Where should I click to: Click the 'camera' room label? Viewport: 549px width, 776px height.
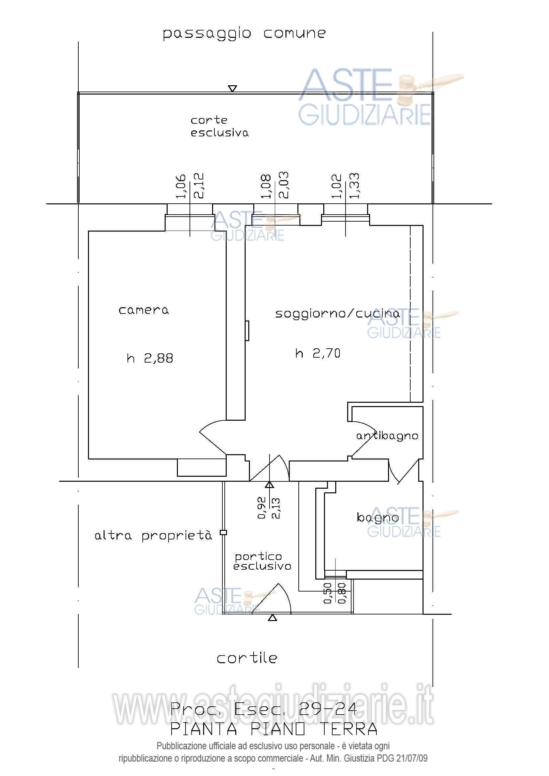point(144,310)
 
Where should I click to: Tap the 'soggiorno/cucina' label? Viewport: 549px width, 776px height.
point(337,314)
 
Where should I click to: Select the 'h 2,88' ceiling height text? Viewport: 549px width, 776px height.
point(150,358)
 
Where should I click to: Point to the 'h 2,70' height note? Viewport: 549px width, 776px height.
point(318,354)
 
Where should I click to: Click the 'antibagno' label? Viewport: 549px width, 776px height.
point(387,436)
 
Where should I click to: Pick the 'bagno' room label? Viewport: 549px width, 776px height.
point(378,518)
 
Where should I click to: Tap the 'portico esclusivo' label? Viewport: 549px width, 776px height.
point(262,561)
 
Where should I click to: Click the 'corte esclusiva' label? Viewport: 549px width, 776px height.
point(219,127)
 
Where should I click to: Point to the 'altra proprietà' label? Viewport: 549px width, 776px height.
point(153,536)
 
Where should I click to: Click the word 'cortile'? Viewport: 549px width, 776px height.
point(247,658)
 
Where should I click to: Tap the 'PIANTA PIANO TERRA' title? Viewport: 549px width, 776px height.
point(274,729)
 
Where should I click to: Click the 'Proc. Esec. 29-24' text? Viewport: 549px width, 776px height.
point(264,709)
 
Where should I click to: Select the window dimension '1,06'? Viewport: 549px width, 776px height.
point(181,186)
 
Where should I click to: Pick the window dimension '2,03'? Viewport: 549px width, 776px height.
point(283,185)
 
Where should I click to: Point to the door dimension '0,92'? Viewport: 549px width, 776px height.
point(261,508)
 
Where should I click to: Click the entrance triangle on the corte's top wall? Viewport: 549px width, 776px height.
point(232,89)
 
